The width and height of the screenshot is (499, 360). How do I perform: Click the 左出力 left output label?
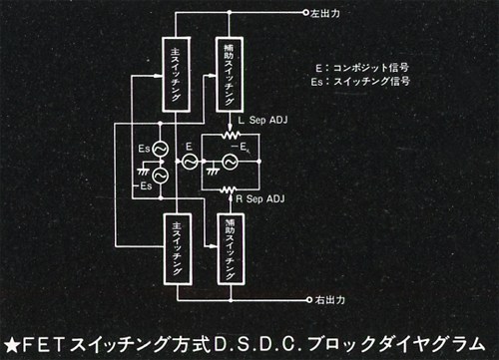point(325,13)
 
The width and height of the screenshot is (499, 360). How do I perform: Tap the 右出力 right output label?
point(330,300)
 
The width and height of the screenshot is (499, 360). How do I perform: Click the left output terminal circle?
point(306,13)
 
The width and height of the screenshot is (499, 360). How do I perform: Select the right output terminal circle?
point(309,300)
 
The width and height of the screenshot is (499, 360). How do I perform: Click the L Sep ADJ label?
point(262,120)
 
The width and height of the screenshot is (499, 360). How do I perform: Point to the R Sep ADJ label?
point(260,198)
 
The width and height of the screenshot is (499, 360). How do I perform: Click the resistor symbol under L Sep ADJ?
point(231,135)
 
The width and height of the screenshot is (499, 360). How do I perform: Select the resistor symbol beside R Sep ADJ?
point(229,190)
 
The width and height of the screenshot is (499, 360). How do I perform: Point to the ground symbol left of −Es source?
point(143,172)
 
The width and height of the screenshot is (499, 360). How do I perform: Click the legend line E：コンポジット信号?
point(362,68)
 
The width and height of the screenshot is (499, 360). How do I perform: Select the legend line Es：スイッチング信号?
point(360,81)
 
